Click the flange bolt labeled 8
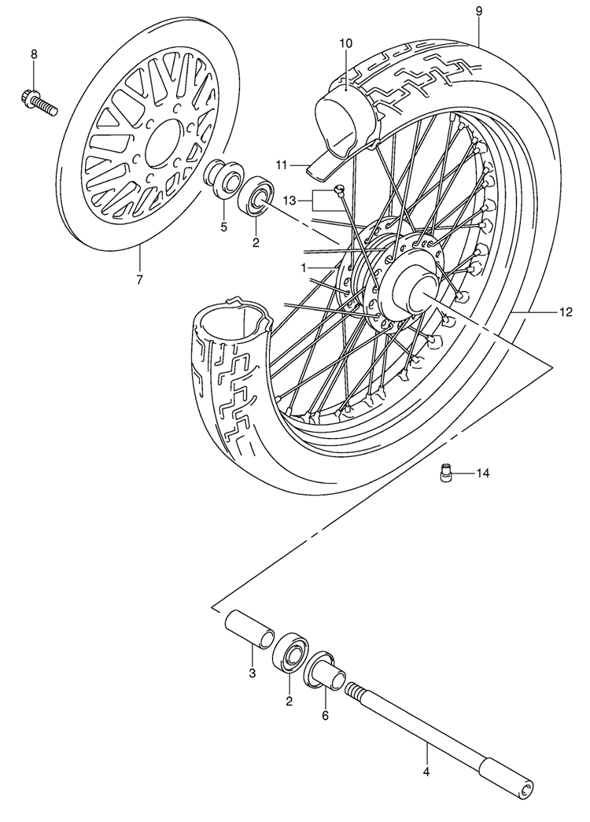(x=39, y=103)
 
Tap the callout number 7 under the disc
(x=139, y=279)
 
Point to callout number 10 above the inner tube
(x=346, y=42)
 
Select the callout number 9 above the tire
(x=479, y=11)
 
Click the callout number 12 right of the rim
(x=566, y=312)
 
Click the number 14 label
(x=482, y=474)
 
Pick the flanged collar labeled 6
(x=325, y=669)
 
